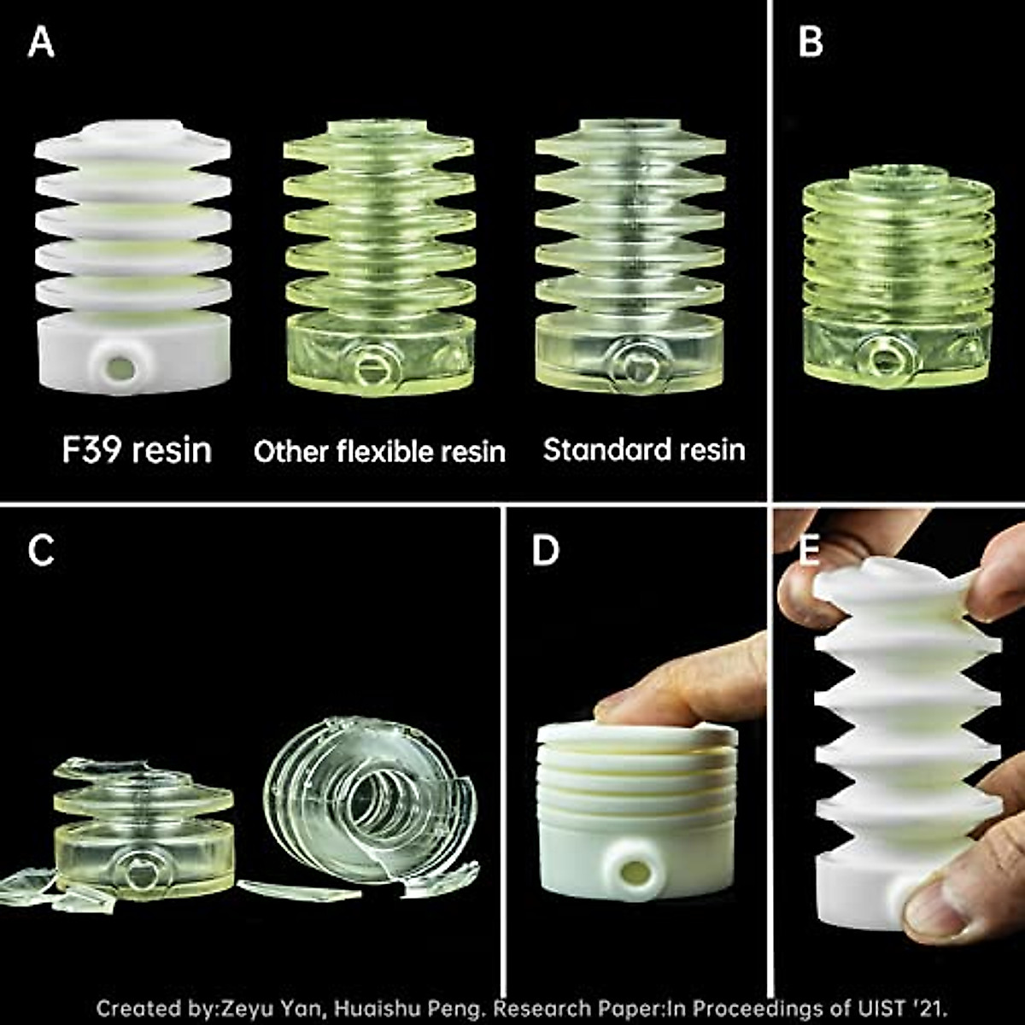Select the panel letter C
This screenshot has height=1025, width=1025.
(x=41, y=551)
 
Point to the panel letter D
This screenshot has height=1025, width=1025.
(x=545, y=551)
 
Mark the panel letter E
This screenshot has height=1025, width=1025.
(x=807, y=551)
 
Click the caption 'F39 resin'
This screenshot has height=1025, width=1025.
(x=137, y=449)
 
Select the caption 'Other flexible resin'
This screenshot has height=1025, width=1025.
(x=379, y=451)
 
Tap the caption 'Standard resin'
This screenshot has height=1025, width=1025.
(x=644, y=449)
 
